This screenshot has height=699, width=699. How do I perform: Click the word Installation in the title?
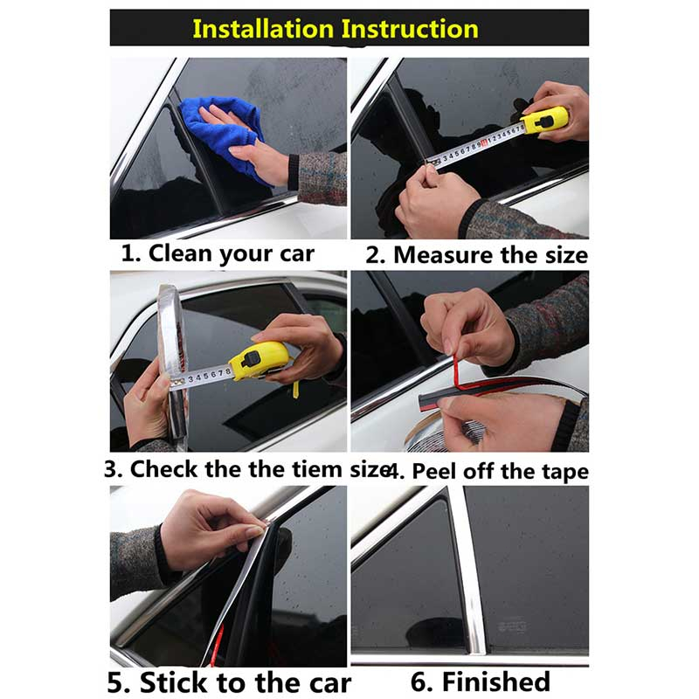pos(263,29)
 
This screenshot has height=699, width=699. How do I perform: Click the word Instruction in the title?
pos(410,29)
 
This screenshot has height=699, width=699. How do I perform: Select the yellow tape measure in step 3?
pos(257,361)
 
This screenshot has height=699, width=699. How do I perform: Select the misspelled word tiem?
pos(316,469)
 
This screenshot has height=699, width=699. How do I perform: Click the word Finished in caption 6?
pos(495,682)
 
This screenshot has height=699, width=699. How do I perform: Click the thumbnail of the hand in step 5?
pos(254,531)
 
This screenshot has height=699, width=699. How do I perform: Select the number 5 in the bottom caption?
pos(117,682)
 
